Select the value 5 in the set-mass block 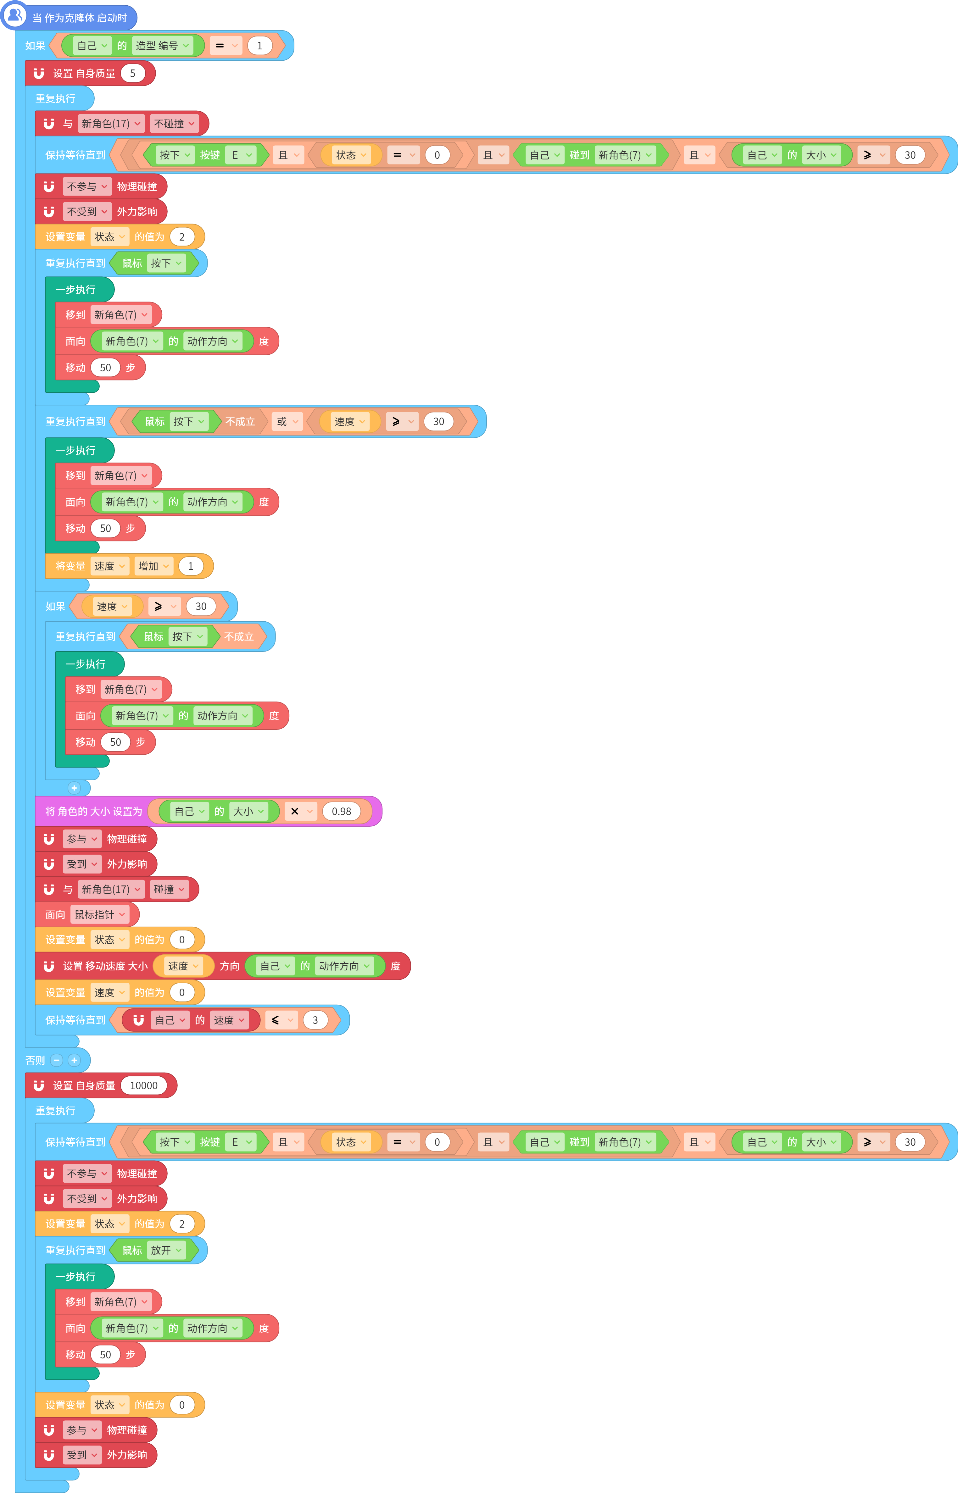click(x=132, y=73)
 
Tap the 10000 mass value click(x=144, y=1085)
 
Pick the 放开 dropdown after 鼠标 click(x=166, y=1250)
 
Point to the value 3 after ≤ click(x=315, y=1020)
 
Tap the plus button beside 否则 click(x=74, y=1060)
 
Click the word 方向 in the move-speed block click(x=230, y=966)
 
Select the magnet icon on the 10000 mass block click(x=39, y=1085)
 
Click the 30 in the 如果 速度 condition click(x=201, y=606)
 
